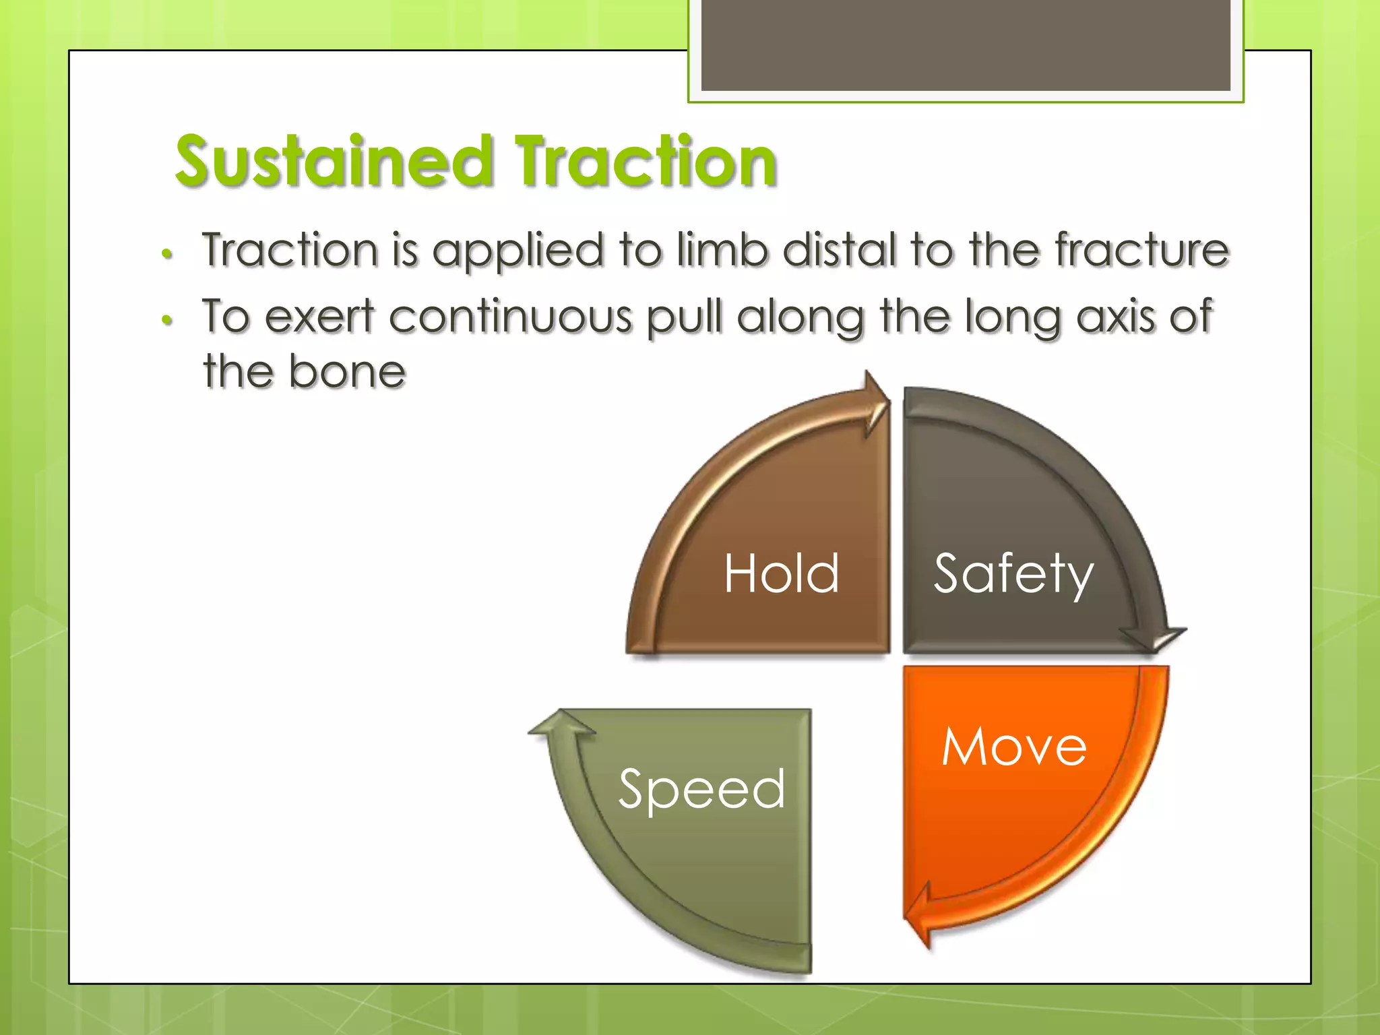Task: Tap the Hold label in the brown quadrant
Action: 782,573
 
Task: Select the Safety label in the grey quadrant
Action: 1013,573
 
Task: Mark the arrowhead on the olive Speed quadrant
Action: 561,724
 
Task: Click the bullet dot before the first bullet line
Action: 167,255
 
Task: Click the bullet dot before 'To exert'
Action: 167,321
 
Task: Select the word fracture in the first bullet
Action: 1141,250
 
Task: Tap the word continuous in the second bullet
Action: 510,317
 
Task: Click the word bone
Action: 346,372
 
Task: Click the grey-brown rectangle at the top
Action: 966,45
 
